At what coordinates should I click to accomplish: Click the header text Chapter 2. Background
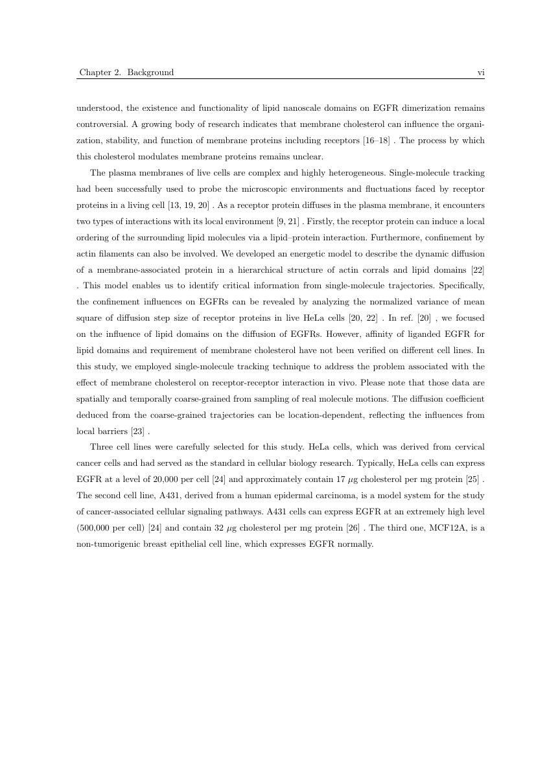126,73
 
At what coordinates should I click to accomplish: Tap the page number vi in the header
481,73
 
